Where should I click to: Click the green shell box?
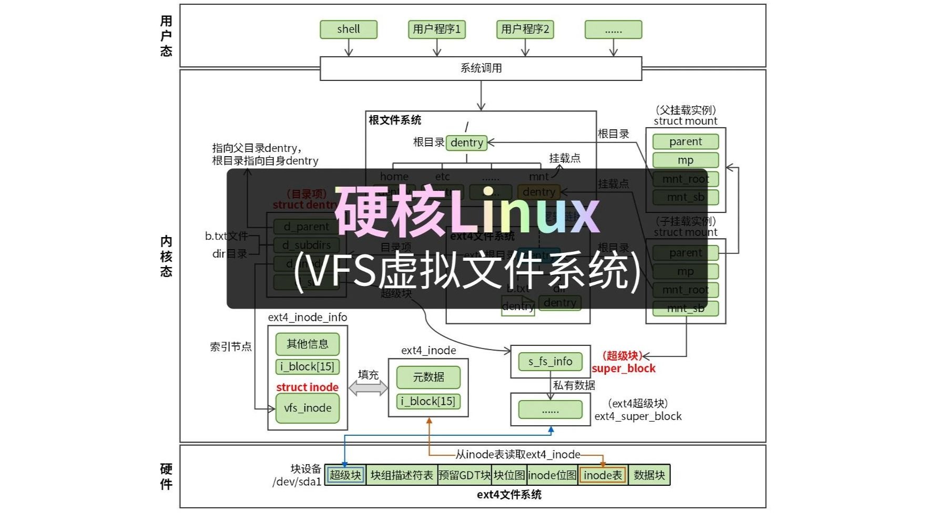click(x=348, y=29)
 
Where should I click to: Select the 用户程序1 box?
click(x=436, y=29)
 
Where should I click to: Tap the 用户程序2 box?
click(x=525, y=29)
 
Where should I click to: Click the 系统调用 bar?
click(x=481, y=68)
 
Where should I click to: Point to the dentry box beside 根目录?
click(x=466, y=142)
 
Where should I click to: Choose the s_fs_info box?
click(x=550, y=361)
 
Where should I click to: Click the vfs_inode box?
click(x=308, y=408)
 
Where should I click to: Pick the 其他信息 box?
click(x=308, y=344)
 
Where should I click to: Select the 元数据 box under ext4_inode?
click(x=429, y=377)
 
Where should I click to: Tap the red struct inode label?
click(x=307, y=387)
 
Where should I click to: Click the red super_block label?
click(x=624, y=369)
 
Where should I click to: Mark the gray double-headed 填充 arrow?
click(x=368, y=388)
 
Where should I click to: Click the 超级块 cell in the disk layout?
click(x=345, y=475)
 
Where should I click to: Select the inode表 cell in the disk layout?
click(x=603, y=475)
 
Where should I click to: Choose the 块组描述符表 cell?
click(x=402, y=475)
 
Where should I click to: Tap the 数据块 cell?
click(x=649, y=475)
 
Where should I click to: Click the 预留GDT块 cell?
click(x=464, y=475)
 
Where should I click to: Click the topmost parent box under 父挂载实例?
click(x=685, y=141)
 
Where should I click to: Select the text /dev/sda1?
click(x=297, y=482)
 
